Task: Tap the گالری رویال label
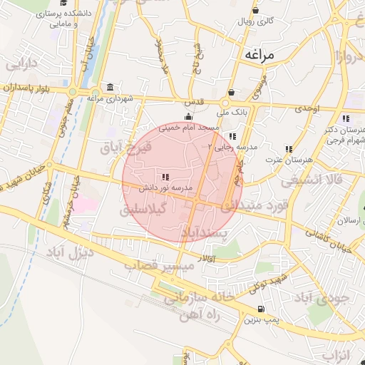(255, 21)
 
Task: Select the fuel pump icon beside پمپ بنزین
(261, 309)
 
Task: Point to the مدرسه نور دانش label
(166, 187)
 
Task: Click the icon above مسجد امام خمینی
(188, 116)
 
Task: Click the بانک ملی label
(232, 112)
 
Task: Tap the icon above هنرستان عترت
(289, 149)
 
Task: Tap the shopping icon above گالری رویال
(255, 11)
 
